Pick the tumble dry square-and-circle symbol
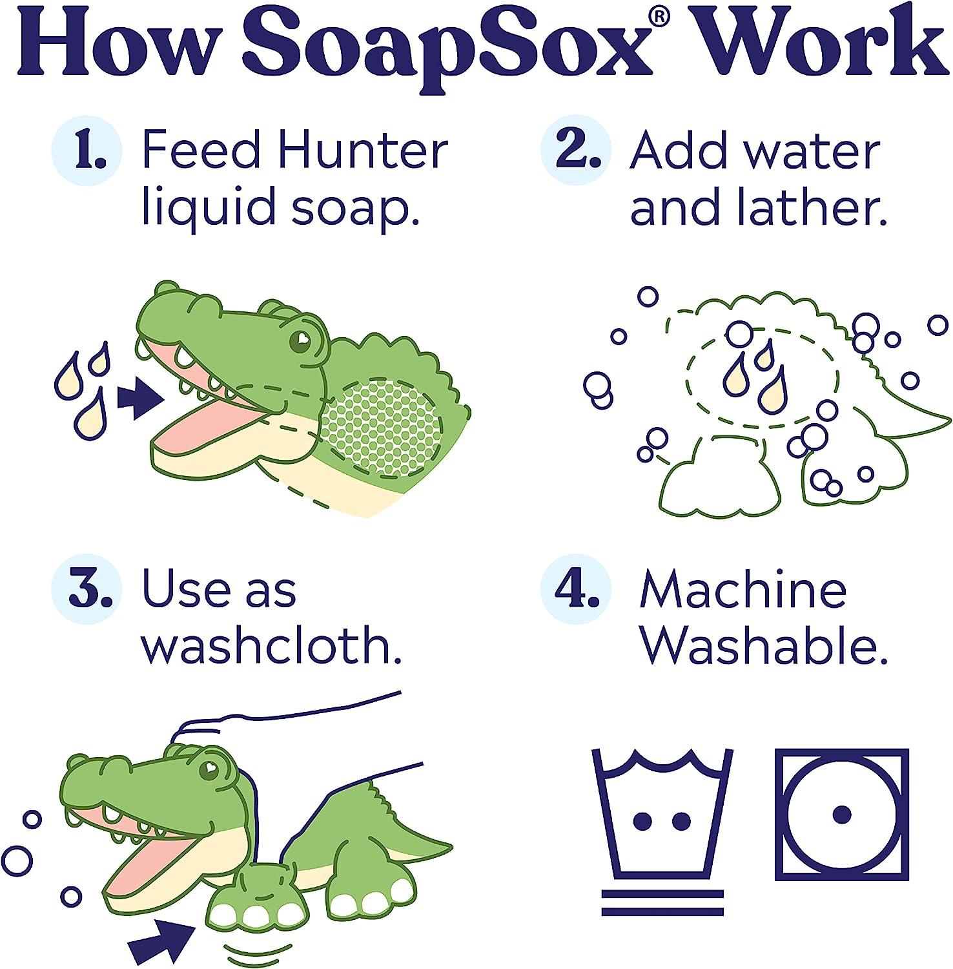click(841, 815)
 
